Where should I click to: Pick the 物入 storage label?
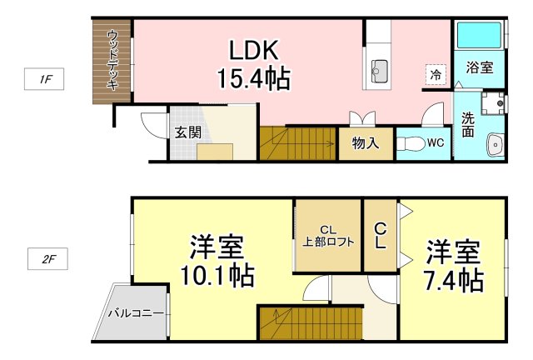366,142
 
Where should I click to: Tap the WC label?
435,142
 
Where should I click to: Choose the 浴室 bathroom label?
479,68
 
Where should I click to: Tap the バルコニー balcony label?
136,314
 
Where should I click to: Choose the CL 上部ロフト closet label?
327,236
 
